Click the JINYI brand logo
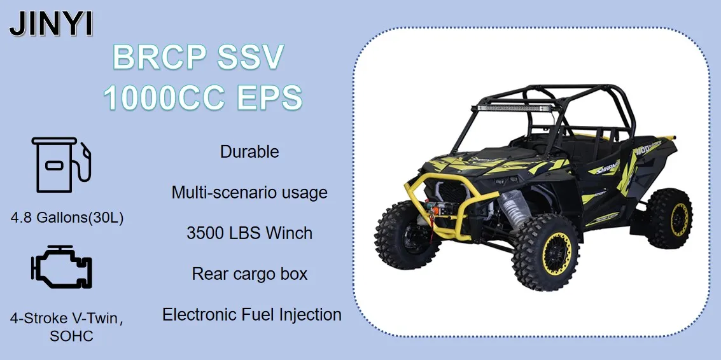[x=52, y=24]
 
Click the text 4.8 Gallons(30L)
[x=67, y=218]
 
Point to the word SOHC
[x=71, y=336]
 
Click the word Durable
[x=249, y=152]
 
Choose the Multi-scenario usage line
[x=249, y=192]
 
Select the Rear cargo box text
[x=249, y=274]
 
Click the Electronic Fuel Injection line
[x=251, y=314]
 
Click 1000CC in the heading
[x=164, y=98]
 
